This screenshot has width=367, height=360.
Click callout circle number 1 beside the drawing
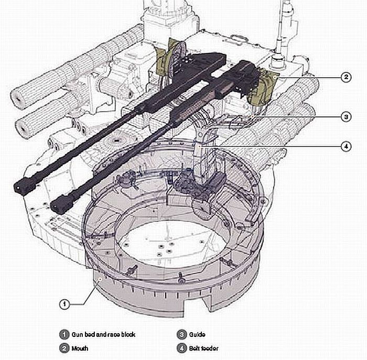point(63,303)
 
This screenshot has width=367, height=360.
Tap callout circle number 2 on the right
point(345,78)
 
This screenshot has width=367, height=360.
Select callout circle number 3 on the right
point(345,116)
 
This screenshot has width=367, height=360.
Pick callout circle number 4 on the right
point(345,146)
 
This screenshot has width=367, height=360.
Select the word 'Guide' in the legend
point(197,334)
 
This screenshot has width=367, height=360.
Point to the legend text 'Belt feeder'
point(204,347)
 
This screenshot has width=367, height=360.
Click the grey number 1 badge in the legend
point(63,334)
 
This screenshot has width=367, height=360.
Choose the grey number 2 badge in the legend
point(63,347)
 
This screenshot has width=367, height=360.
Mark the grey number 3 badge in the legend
point(181,334)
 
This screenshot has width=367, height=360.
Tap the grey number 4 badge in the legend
point(181,347)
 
